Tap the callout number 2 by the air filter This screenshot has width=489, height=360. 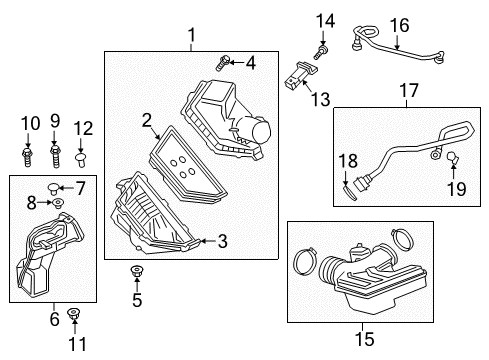[x=147, y=122]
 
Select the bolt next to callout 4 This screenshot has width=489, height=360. [x=221, y=62]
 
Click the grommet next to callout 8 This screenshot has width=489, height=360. [x=57, y=204]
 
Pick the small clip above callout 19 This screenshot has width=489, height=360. [x=451, y=156]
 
